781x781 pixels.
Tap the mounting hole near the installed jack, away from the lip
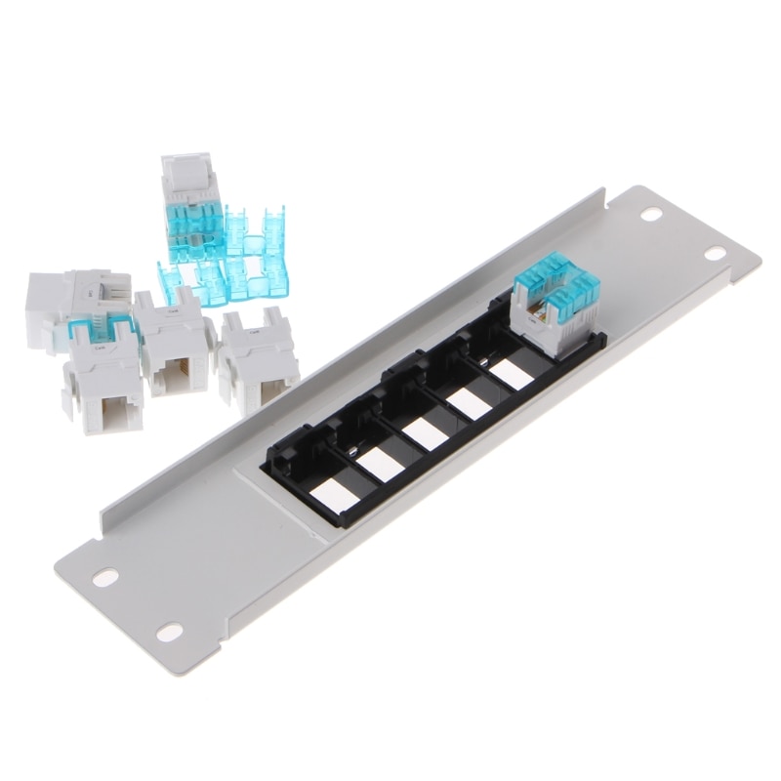pos(716,254)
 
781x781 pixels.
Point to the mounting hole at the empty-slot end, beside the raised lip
pos(105,575)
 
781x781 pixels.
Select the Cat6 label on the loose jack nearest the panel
pos(253,333)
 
